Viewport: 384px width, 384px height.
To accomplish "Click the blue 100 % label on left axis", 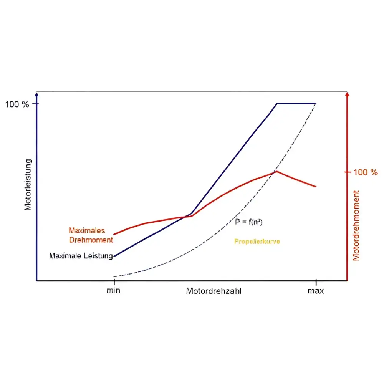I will [17, 104].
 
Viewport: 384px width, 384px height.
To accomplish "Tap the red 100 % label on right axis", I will [365, 172].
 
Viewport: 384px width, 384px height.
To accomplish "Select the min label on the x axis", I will [113, 291].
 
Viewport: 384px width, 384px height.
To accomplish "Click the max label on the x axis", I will [316, 291].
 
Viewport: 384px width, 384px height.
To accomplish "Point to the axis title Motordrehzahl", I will [214, 291].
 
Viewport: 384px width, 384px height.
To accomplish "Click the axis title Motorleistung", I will [28, 185].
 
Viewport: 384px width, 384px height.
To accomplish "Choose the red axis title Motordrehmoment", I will [356, 225].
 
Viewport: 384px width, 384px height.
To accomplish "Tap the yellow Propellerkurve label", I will [257, 242].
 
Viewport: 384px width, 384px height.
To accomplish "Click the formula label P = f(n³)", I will [249, 222].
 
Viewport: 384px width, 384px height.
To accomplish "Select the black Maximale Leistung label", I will [81, 256].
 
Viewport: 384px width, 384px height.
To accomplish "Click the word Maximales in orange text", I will [86, 231].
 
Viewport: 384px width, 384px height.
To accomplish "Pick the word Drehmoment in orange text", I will [91, 240].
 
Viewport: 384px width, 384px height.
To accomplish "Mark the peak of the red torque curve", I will [276, 172].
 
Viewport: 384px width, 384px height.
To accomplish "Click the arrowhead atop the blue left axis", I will [37, 94].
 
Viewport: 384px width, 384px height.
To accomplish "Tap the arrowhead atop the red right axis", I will [347, 94].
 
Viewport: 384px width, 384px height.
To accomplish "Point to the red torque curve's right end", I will [316, 187].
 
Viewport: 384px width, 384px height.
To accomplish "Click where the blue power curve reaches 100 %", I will [277, 103].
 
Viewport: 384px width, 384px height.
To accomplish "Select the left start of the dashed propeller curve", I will [114, 276].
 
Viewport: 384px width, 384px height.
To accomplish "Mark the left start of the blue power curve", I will [114, 256].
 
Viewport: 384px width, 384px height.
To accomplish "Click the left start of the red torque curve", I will [114, 234].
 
